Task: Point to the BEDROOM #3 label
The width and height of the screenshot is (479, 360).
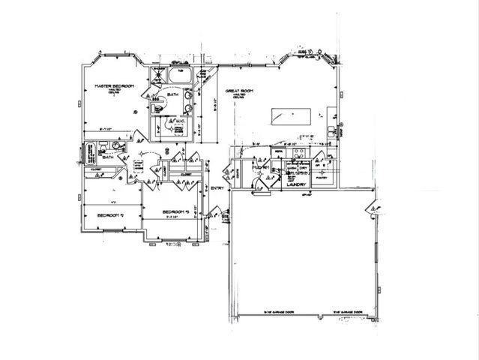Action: (180, 213)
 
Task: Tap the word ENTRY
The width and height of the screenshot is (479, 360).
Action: (218, 187)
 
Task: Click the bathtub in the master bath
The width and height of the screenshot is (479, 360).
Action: (180, 77)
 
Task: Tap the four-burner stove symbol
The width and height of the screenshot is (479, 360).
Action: (298, 157)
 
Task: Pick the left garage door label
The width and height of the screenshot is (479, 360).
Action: (277, 312)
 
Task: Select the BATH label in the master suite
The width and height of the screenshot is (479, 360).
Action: (172, 95)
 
